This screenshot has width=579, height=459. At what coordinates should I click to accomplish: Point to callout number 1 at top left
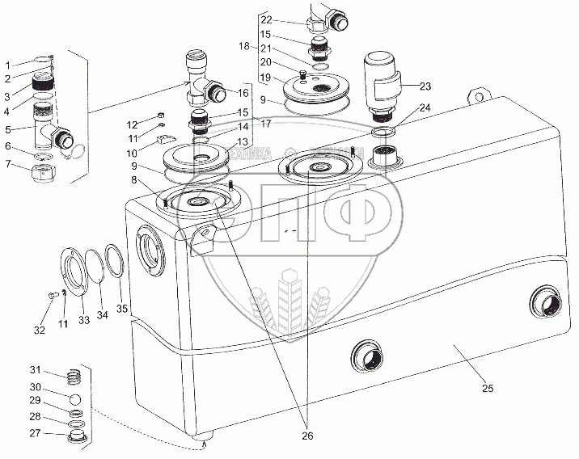click(x=7, y=65)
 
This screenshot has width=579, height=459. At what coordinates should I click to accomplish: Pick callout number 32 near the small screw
click(x=40, y=329)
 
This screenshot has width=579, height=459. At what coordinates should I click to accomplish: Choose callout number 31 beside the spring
click(x=35, y=371)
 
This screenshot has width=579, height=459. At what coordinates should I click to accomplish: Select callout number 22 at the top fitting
click(x=266, y=19)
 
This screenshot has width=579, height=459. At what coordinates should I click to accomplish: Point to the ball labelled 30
click(x=73, y=399)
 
